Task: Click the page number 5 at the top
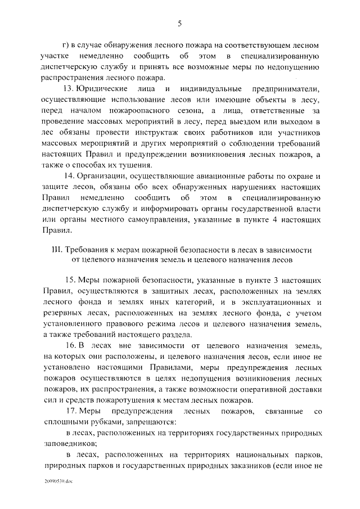coord(180,24)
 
